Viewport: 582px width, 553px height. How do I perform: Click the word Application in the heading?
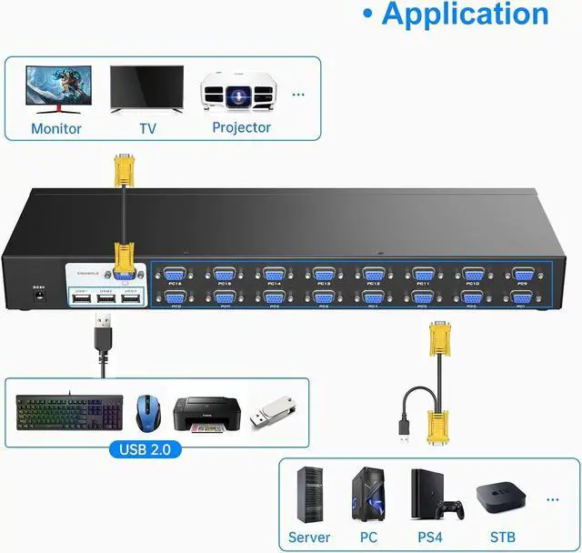click(x=465, y=15)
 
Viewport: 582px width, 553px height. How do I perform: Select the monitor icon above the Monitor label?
click(x=55, y=89)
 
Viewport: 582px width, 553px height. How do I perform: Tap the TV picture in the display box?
click(x=145, y=89)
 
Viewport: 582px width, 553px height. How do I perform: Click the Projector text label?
click(x=241, y=127)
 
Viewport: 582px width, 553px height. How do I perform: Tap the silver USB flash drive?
click(x=272, y=412)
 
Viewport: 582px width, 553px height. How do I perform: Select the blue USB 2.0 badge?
click(x=145, y=449)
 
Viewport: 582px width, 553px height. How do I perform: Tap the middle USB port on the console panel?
click(x=107, y=300)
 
